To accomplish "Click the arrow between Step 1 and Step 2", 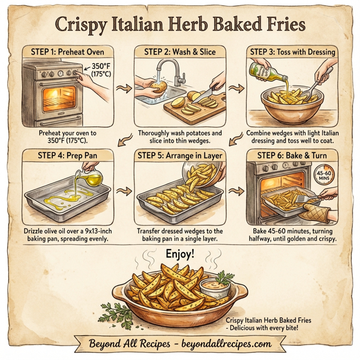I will [124, 89].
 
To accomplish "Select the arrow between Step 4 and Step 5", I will [124, 193].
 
